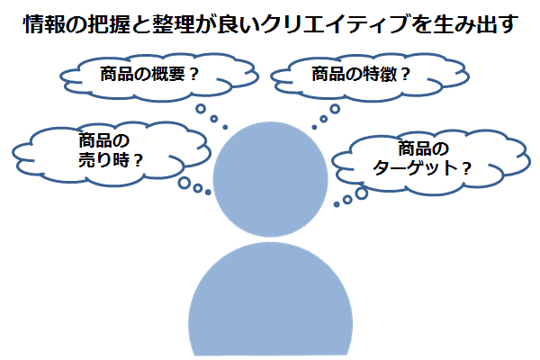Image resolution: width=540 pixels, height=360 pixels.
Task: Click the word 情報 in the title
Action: pos(42,24)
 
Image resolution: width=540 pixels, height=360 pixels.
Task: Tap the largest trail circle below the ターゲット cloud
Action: pos(362,192)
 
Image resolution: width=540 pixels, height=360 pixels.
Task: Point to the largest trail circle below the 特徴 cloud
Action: pos(335,110)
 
